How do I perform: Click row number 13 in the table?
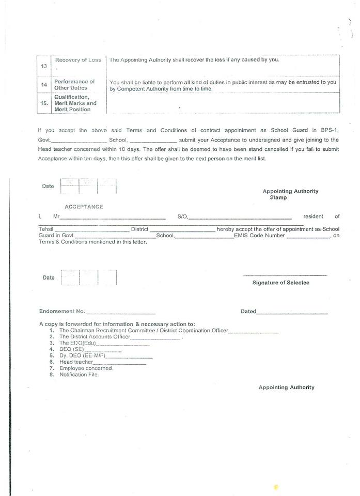(43, 66)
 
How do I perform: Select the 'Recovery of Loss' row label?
(78, 60)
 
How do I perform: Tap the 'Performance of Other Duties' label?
(75, 84)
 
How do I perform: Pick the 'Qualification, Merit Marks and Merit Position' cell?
(75, 103)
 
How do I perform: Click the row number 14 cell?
(44, 85)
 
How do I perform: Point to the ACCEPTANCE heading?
(84, 207)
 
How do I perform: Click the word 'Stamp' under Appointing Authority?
(278, 197)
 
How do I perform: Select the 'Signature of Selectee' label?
(280, 283)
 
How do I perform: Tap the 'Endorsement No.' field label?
(62, 312)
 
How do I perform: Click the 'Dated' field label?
(248, 312)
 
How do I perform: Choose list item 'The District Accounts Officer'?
(95, 336)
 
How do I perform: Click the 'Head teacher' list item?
(76, 362)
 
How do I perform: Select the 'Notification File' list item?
(79, 375)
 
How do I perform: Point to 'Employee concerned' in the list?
(86, 368)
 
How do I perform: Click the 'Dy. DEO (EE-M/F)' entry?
(82, 355)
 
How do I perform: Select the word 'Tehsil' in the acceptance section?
(46, 229)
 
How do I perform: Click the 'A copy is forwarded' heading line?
(117, 324)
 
